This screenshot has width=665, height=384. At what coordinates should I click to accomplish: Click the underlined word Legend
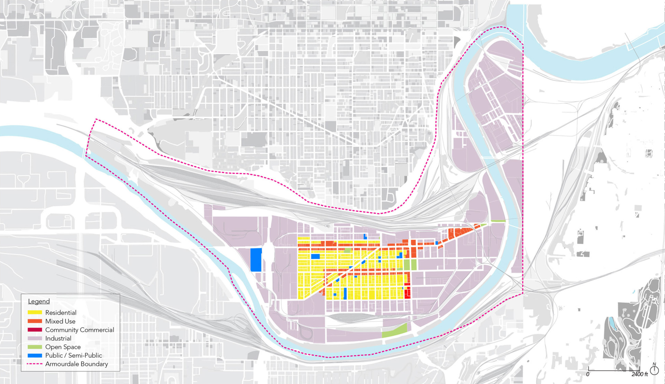tap(39, 301)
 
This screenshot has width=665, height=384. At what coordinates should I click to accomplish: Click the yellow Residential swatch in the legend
tap(35, 312)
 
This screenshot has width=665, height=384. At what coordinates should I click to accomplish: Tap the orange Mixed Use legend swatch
tap(35, 321)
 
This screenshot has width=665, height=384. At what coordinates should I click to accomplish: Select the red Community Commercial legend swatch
tap(35, 330)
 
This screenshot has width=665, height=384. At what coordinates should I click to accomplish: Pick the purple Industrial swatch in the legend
tap(35, 338)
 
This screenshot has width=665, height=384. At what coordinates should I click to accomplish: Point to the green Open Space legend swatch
tap(35, 347)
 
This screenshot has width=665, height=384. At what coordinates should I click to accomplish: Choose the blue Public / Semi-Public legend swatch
tap(35, 355)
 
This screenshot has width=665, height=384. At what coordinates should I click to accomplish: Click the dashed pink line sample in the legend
tap(35, 364)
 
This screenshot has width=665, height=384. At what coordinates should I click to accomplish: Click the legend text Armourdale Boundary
tap(77, 364)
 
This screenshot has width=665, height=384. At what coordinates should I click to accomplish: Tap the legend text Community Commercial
tap(80, 330)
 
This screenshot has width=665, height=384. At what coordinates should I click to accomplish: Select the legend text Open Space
tap(63, 347)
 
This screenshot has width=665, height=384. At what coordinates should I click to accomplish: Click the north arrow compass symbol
tap(654, 370)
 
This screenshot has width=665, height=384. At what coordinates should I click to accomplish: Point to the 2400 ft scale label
tap(639, 374)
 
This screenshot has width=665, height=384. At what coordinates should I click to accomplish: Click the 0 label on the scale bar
tap(588, 374)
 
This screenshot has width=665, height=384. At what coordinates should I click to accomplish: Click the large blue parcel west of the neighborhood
tap(256, 260)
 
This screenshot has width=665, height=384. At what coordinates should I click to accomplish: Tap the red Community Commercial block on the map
tap(407, 291)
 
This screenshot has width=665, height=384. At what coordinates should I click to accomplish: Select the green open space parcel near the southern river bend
tap(395, 330)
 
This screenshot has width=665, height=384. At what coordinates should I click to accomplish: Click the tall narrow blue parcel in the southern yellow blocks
tap(345, 293)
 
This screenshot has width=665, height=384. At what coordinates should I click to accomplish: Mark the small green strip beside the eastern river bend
tap(498, 221)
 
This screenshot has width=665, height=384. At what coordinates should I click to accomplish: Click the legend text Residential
tap(61, 312)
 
